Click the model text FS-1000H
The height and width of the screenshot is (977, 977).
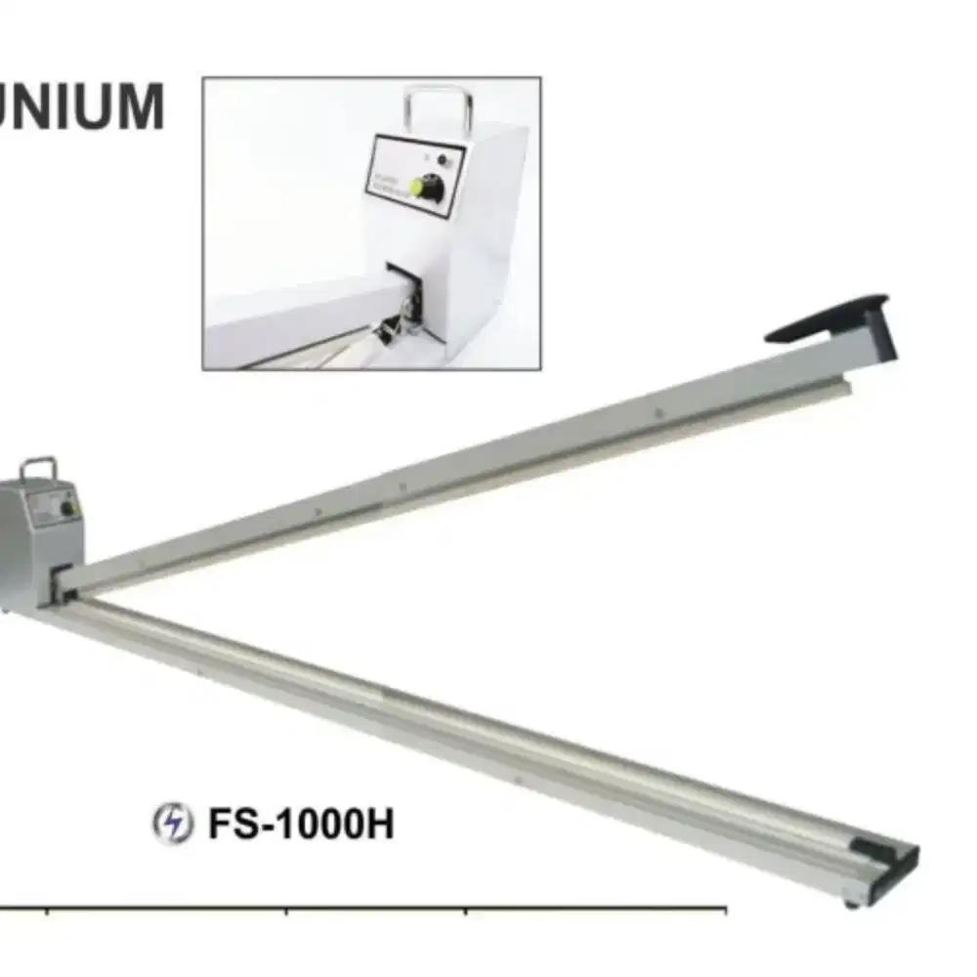pyautogui.click(x=300, y=825)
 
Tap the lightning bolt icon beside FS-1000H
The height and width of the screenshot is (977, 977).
pyautogui.click(x=172, y=825)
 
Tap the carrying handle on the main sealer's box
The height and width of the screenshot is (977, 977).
pyautogui.click(x=38, y=468)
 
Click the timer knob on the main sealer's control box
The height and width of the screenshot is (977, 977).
pyautogui.click(x=67, y=508)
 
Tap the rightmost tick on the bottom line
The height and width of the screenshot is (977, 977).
pyautogui.click(x=726, y=912)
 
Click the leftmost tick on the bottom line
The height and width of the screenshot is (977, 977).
pyautogui.click(x=47, y=912)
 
